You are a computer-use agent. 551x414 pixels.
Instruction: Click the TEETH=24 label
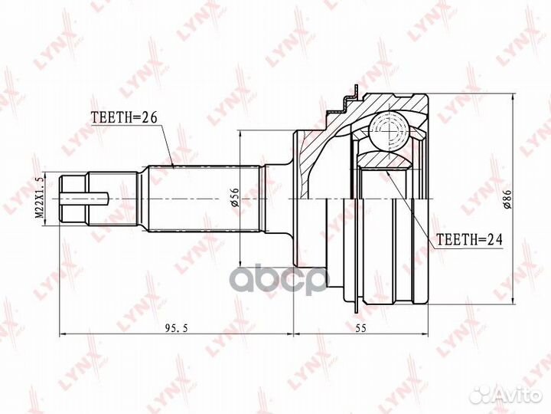pos(468,239)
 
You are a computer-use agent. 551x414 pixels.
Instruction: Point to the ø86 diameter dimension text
pos(505,198)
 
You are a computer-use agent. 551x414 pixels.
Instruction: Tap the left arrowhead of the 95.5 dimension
pos(63,334)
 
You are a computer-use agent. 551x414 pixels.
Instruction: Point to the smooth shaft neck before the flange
pos(279,199)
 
